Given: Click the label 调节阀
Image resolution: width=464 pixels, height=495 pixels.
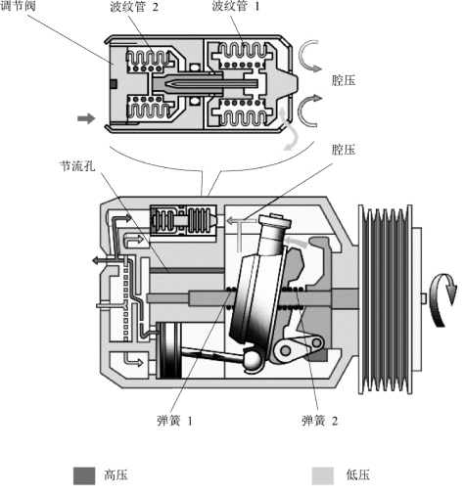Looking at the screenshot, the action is [x=18, y=6].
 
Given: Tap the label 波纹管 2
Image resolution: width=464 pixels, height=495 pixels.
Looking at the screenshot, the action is [x=134, y=6].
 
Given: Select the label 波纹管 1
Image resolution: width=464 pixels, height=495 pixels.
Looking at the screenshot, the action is [x=236, y=6].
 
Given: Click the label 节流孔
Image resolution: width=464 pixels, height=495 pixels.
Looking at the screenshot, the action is [x=77, y=166].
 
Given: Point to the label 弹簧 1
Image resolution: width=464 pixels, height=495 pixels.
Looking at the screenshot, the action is [x=174, y=421].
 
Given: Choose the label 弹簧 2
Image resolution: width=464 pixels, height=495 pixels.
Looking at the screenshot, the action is [x=319, y=421].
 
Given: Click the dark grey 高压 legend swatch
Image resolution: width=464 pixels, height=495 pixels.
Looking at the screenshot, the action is [x=84, y=475].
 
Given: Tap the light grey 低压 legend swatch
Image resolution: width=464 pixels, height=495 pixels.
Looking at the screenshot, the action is [x=323, y=475].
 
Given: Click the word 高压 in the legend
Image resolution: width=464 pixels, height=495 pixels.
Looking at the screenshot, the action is [x=116, y=475].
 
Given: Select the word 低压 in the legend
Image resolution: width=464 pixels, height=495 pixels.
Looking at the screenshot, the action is [x=358, y=475].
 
